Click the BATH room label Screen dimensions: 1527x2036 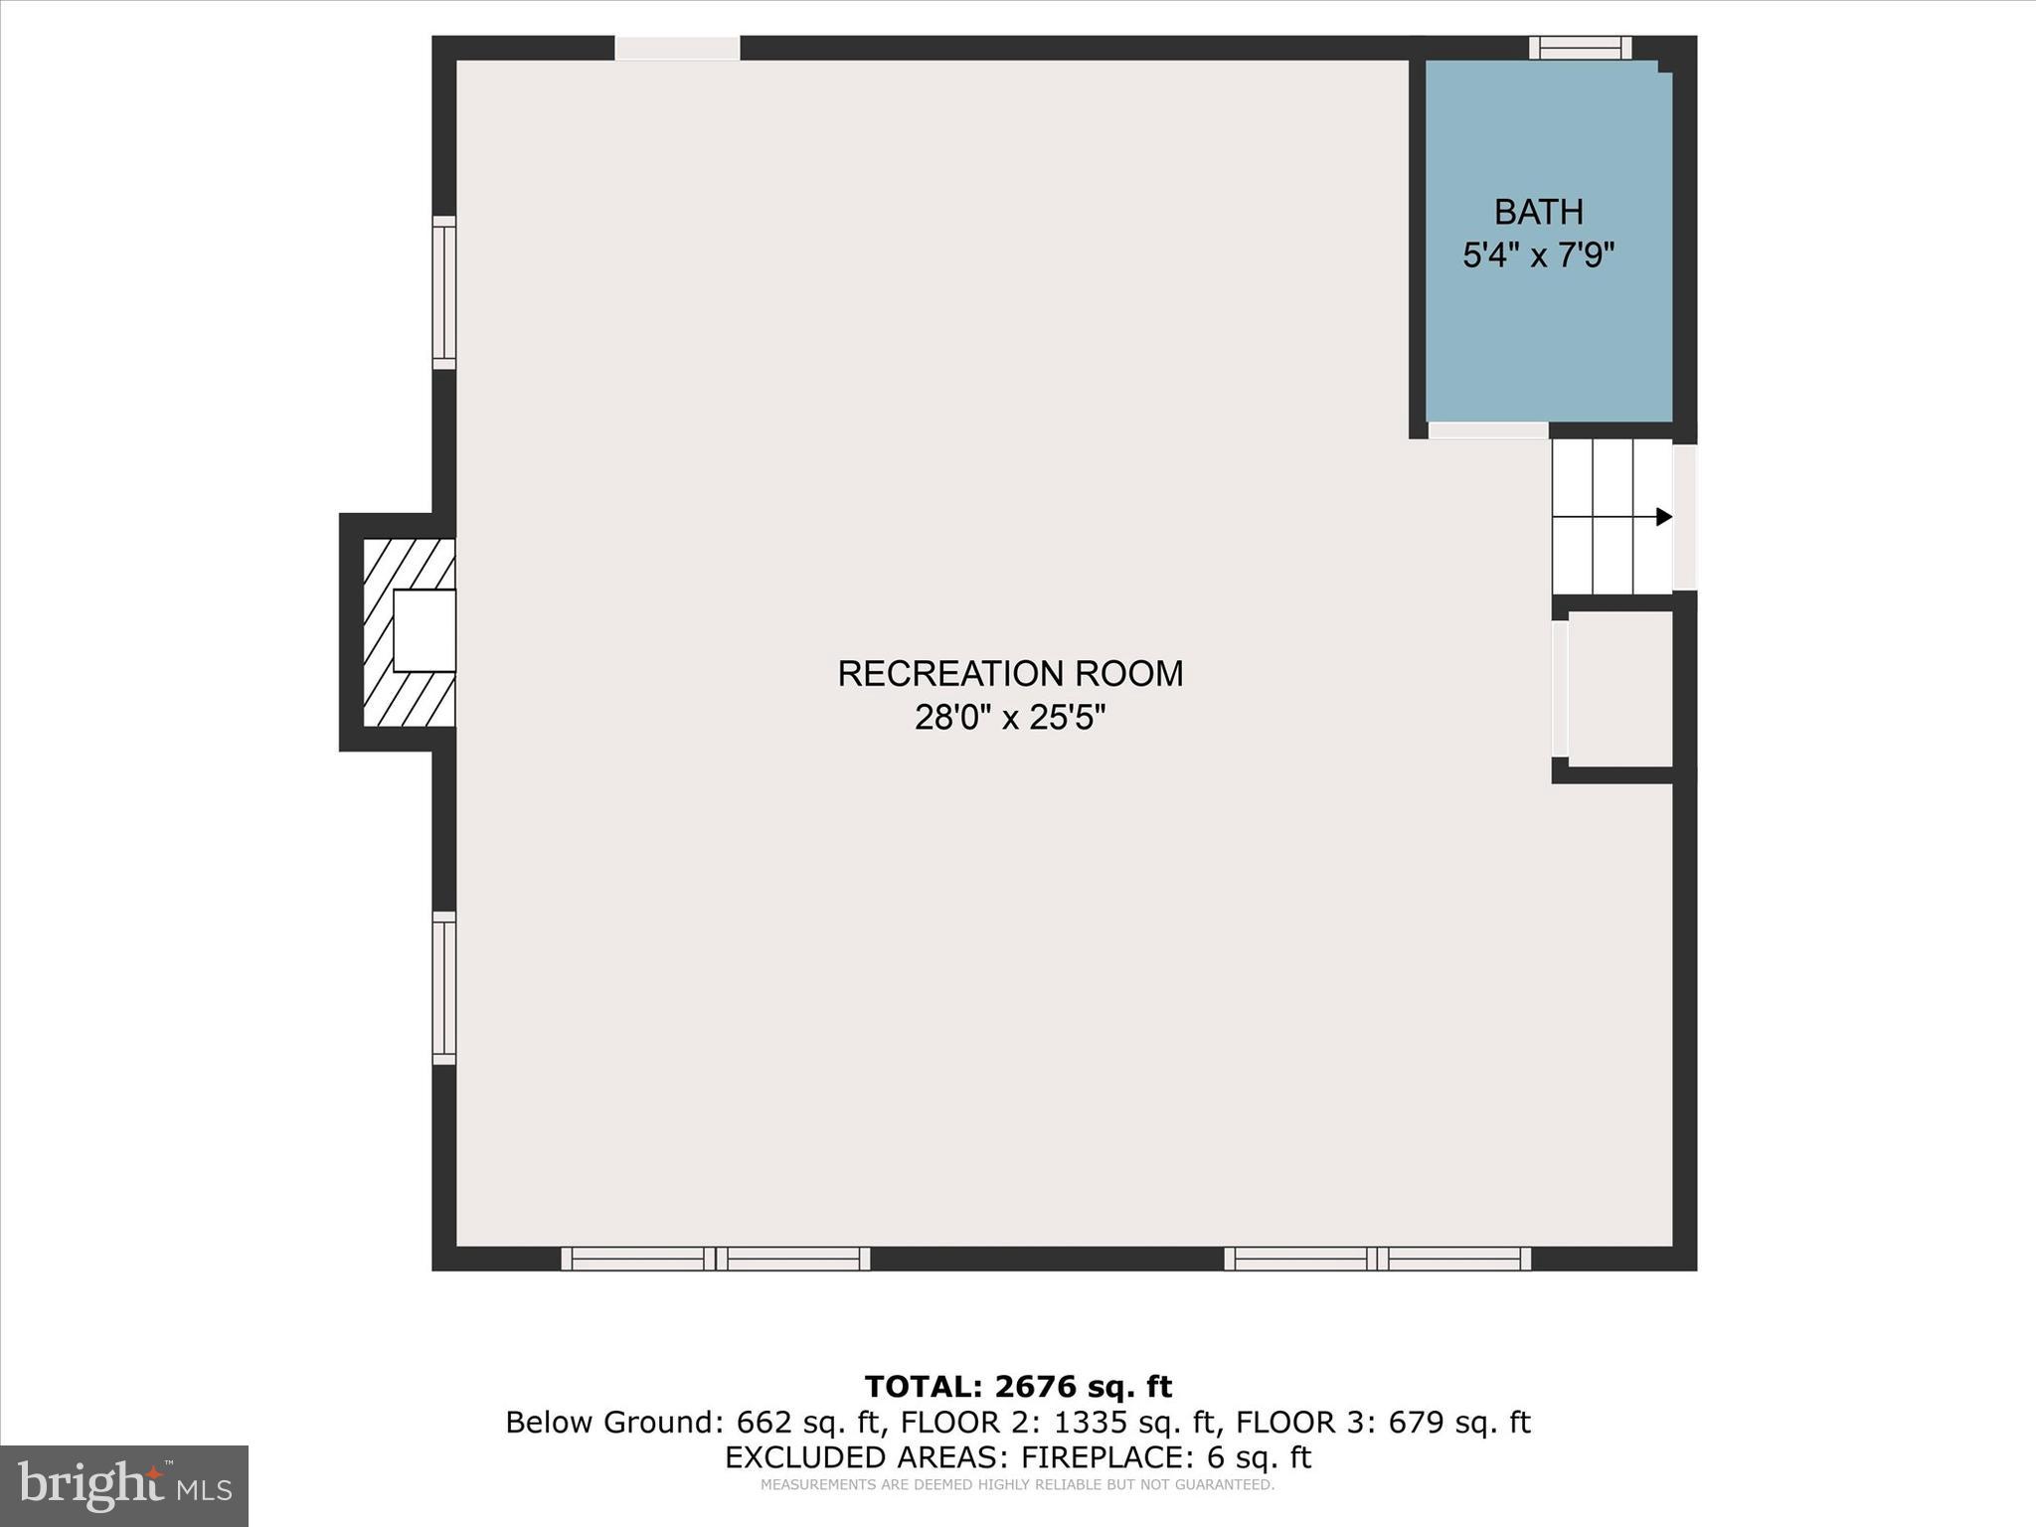click(x=1538, y=212)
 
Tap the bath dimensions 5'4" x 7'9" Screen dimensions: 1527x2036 click(x=1538, y=255)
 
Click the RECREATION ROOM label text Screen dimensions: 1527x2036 click(x=1010, y=674)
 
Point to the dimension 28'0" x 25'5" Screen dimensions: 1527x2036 click(x=1010, y=717)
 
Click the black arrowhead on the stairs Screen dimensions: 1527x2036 click(x=1663, y=517)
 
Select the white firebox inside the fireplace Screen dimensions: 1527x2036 click(x=424, y=630)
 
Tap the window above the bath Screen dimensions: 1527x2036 click(x=1580, y=48)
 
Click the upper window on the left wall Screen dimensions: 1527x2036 click(x=444, y=292)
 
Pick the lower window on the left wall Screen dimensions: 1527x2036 click(x=444, y=988)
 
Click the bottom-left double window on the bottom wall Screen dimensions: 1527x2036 click(x=716, y=1259)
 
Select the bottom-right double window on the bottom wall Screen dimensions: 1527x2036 click(x=1377, y=1259)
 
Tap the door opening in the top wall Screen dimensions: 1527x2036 click(x=677, y=48)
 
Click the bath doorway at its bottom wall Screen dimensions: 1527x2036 click(x=1488, y=430)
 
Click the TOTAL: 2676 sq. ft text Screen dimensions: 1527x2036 click(x=1018, y=1386)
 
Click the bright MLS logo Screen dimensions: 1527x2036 click(x=124, y=1485)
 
